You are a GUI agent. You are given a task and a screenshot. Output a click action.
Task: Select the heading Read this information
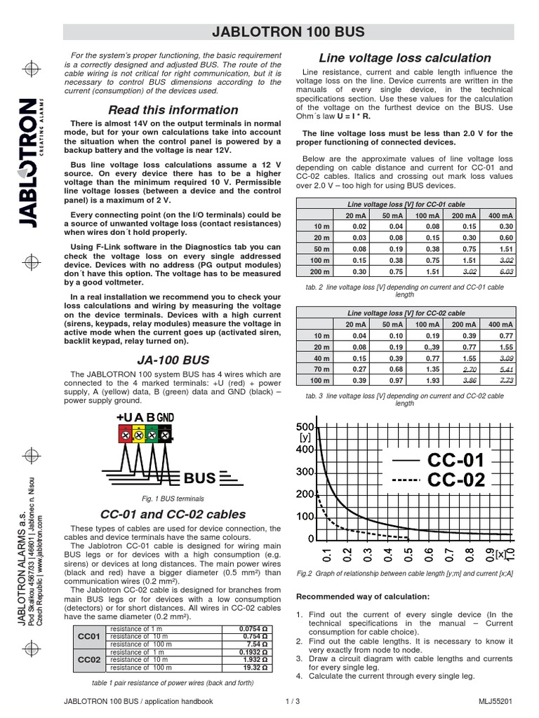click(x=173, y=110)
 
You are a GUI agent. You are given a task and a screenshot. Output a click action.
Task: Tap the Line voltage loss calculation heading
click(x=405, y=58)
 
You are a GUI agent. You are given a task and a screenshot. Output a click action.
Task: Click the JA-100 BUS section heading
click(x=173, y=360)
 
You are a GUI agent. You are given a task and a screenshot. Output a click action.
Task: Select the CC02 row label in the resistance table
click(x=88, y=660)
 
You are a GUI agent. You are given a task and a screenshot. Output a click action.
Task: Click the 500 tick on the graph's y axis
click(x=304, y=426)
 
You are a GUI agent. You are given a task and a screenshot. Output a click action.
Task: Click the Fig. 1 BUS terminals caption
click(x=173, y=499)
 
